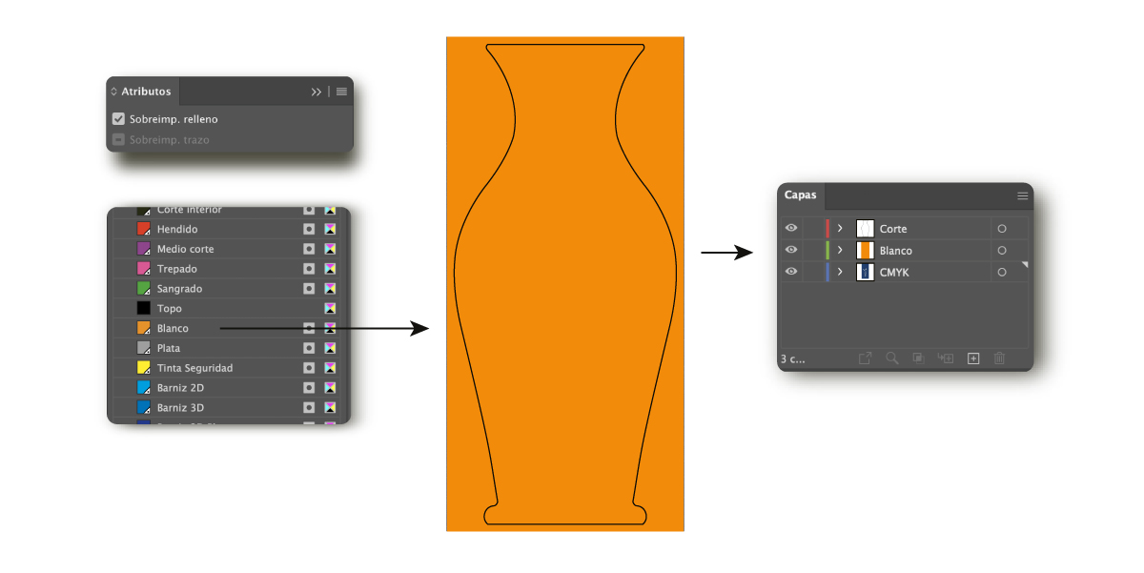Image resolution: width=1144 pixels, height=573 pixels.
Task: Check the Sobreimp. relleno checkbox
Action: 119,119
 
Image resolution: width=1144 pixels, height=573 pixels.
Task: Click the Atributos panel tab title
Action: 146,92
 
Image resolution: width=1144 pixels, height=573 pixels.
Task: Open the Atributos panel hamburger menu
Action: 341,92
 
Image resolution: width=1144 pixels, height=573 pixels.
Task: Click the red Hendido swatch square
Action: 144,229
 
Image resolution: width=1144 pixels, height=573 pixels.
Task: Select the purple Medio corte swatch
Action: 144,249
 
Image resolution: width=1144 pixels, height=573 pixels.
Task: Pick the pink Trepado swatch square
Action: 144,269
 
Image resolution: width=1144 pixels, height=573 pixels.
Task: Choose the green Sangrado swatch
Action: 144,289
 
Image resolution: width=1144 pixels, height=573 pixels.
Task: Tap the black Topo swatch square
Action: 144,309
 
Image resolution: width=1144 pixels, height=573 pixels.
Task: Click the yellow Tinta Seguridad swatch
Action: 144,368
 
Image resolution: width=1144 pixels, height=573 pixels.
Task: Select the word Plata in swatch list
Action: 169,348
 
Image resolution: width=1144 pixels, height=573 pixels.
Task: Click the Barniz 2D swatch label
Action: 180,388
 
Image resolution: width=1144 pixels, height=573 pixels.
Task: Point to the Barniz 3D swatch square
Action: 144,408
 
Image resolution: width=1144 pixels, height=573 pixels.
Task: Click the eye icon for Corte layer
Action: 791,229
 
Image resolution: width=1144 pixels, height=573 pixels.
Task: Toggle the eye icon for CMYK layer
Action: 791,272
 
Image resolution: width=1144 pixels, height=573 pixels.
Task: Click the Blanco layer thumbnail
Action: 866,251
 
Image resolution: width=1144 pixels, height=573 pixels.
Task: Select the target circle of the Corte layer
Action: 1002,229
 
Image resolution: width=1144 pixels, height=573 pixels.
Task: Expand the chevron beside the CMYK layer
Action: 840,272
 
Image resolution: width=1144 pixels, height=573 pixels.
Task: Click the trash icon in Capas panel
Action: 999,358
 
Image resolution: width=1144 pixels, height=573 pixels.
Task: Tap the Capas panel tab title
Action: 801,195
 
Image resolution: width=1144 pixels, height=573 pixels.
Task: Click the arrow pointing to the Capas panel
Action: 728,253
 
